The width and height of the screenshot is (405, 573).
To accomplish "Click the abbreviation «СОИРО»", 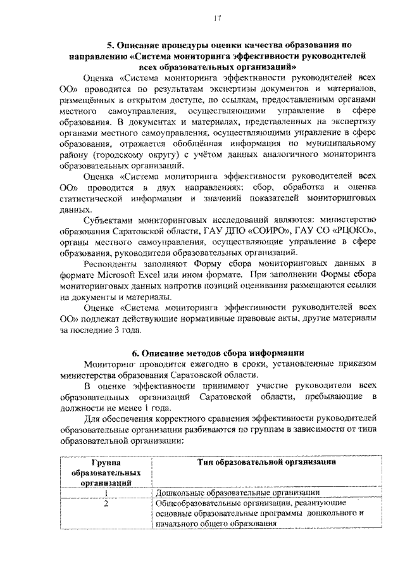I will [265, 230].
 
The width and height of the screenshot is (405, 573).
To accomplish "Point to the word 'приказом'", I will [356, 364].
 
